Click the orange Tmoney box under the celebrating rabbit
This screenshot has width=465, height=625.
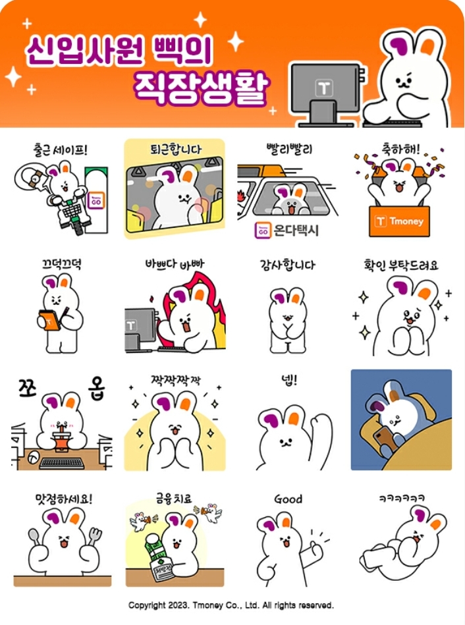399,221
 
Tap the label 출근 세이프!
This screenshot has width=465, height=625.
60,150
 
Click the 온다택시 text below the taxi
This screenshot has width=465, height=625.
296,231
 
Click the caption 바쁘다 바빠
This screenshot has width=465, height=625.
175,264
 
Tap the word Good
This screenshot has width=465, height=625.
288,499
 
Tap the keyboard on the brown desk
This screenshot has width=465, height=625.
62,463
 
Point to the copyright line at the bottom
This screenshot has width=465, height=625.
231,605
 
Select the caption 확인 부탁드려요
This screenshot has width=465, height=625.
401,265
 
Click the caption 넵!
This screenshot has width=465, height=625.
289,380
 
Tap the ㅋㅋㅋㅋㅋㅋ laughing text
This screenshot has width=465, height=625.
402,498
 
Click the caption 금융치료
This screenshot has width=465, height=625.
174,499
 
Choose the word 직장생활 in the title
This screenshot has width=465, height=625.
202,88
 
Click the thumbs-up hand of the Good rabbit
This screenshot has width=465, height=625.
315,548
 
